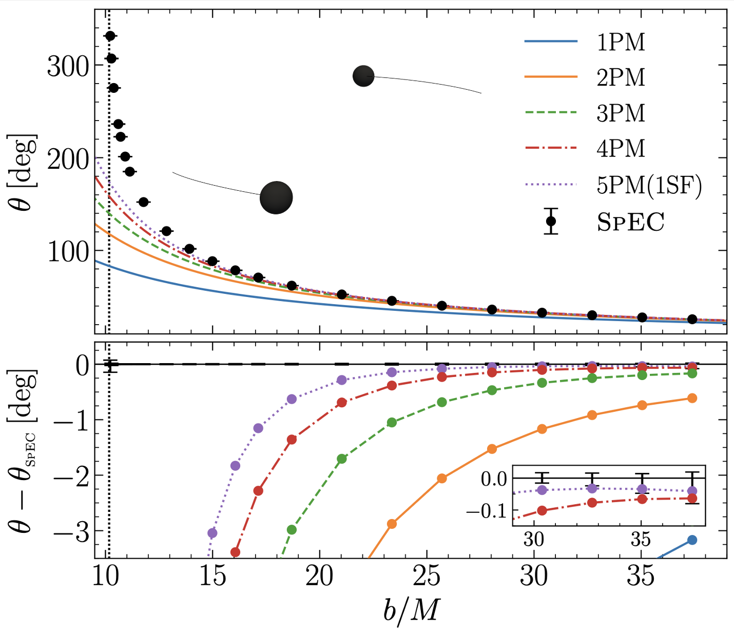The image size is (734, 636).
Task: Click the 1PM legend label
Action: click(621, 43)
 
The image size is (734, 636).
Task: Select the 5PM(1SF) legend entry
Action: click(648, 185)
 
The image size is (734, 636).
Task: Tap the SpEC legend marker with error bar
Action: click(551, 222)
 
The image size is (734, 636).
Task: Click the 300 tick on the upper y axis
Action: click(68, 66)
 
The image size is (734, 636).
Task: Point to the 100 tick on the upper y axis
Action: click(68, 251)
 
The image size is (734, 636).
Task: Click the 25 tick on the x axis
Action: click(427, 577)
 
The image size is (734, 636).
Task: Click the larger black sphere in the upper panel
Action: click(276, 197)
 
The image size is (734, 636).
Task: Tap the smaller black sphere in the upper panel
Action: click(363, 76)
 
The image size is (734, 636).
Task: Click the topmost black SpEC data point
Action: click(110, 36)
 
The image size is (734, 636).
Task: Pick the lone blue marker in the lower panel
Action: click(692, 540)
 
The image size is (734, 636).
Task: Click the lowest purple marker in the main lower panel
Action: click(212, 533)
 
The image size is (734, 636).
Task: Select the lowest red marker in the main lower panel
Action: click(236, 552)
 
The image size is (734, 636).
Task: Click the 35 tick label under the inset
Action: click(641, 539)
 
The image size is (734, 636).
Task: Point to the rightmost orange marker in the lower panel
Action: click(692, 398)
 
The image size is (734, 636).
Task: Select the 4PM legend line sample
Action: click(551, 148)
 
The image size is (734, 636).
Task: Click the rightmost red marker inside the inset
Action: click(692, 498)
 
